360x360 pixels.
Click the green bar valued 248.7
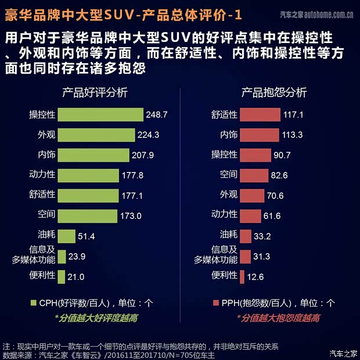[100, 115]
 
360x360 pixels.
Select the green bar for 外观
[97, 135]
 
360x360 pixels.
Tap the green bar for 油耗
[67, 236]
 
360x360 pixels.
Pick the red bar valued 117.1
[260, 115]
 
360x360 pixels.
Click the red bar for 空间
[254, 175]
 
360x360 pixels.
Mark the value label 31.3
[262, 256]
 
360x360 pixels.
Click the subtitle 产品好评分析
[95, 93]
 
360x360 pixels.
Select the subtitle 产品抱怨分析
[273, 93]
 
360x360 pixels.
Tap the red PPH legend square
[217, 303]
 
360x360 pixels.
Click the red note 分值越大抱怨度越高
[278, 318]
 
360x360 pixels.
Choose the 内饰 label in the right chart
[228, 135]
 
